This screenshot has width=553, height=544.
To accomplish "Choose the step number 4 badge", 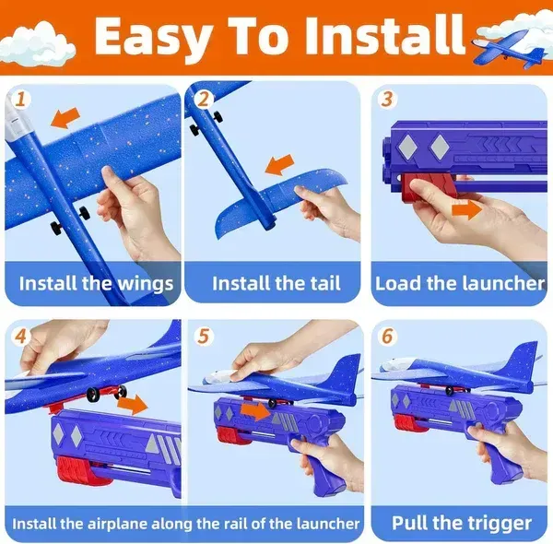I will tap(21, 337).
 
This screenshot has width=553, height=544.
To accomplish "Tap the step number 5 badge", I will tap(204, 337).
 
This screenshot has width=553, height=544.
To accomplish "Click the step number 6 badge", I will tap(388, 337).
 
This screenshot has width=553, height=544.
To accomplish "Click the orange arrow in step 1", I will tap(65, 118).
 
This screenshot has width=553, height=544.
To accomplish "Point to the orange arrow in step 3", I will tap(466, 209).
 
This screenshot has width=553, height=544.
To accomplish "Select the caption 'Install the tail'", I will tap(276, 283).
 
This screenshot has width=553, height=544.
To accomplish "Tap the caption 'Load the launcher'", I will tap(460, 283).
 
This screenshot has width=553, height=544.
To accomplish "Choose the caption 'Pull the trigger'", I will tap(462, 523).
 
